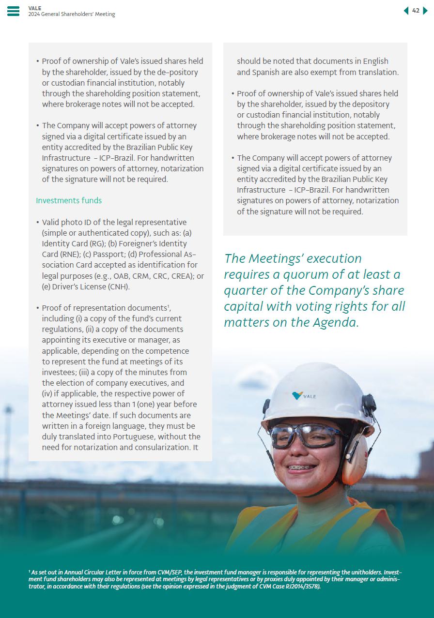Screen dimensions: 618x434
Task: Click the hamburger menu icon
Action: point(14,11)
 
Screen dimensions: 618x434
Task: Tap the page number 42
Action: point(416,11)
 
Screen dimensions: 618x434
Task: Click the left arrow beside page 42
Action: point(406,11)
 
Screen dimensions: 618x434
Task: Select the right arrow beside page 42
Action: point(425,11)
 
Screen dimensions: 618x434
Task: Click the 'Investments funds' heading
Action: point(69,200)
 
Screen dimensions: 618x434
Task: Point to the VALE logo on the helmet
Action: point(304,396)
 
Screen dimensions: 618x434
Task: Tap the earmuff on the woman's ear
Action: point(355,457)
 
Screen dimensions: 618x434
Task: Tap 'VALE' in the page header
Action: point(35,8)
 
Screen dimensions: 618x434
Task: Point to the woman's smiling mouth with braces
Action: point(301,468)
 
